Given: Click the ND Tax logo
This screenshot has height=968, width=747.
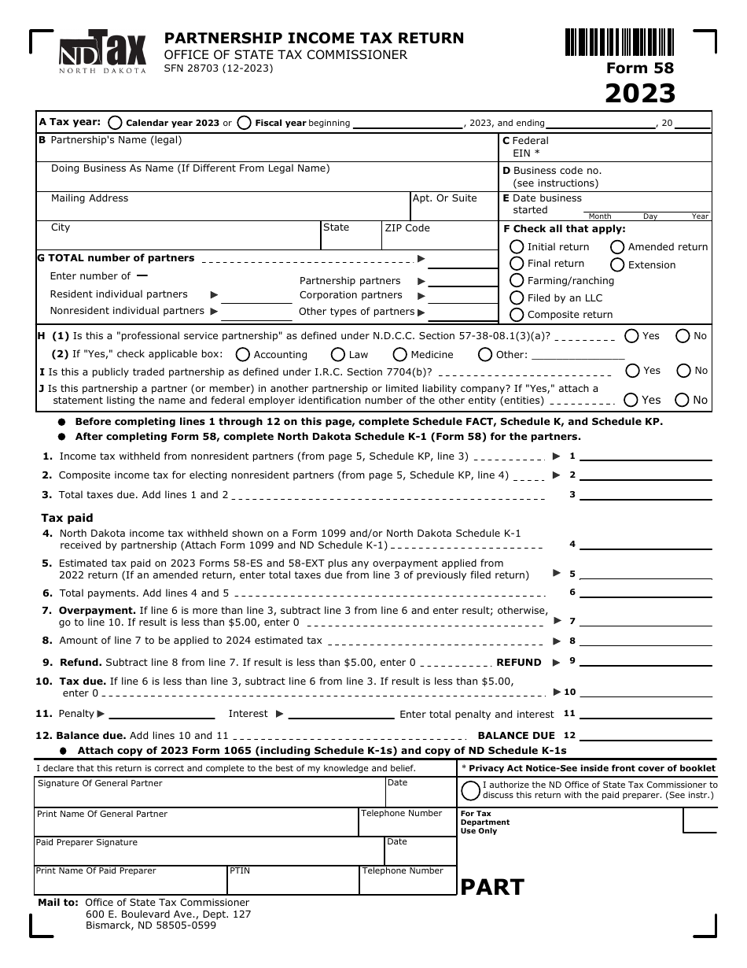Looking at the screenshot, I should click(103, 53).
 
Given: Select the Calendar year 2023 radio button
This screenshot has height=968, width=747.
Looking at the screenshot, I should click(116, 123).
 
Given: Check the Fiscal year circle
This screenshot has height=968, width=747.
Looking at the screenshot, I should click(245, 123).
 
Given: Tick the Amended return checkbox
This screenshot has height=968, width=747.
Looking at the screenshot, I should click(618, 247).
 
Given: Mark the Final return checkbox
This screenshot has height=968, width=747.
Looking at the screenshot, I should click(517, 264).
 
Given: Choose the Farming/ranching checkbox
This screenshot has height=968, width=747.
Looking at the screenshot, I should click(517, 281).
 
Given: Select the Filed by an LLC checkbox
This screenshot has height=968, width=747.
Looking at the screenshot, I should click(517, 297).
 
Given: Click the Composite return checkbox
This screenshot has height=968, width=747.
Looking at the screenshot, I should click(517, 315).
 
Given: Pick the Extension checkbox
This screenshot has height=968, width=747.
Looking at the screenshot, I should click(618, 265).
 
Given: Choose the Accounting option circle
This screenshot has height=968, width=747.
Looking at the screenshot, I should click(243, 355).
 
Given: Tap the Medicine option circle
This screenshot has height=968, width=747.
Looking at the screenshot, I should click(400, 355).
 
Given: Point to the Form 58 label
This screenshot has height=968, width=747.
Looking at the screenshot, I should click(640, 68).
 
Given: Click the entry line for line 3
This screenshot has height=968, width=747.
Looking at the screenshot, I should click(645, 495).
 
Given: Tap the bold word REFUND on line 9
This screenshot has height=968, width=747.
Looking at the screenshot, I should click(519, 663).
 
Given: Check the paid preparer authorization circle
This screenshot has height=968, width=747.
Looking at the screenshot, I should click(470, 790).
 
